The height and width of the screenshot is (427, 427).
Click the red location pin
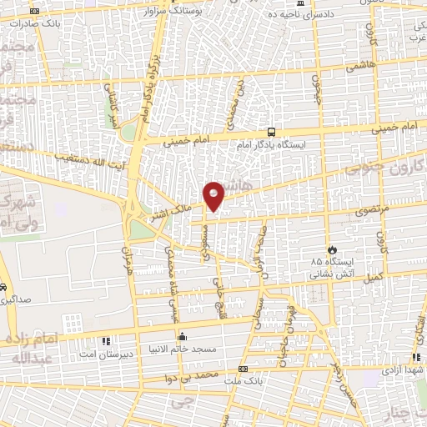(x=214, y=195)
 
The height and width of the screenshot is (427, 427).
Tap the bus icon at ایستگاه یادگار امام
(x=271, y=132)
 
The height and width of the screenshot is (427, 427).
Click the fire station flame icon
(x=332, y=249)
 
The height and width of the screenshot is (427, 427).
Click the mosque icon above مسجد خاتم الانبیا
(x=183, y=335)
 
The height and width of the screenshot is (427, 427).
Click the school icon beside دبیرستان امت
(x=106, y=341)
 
